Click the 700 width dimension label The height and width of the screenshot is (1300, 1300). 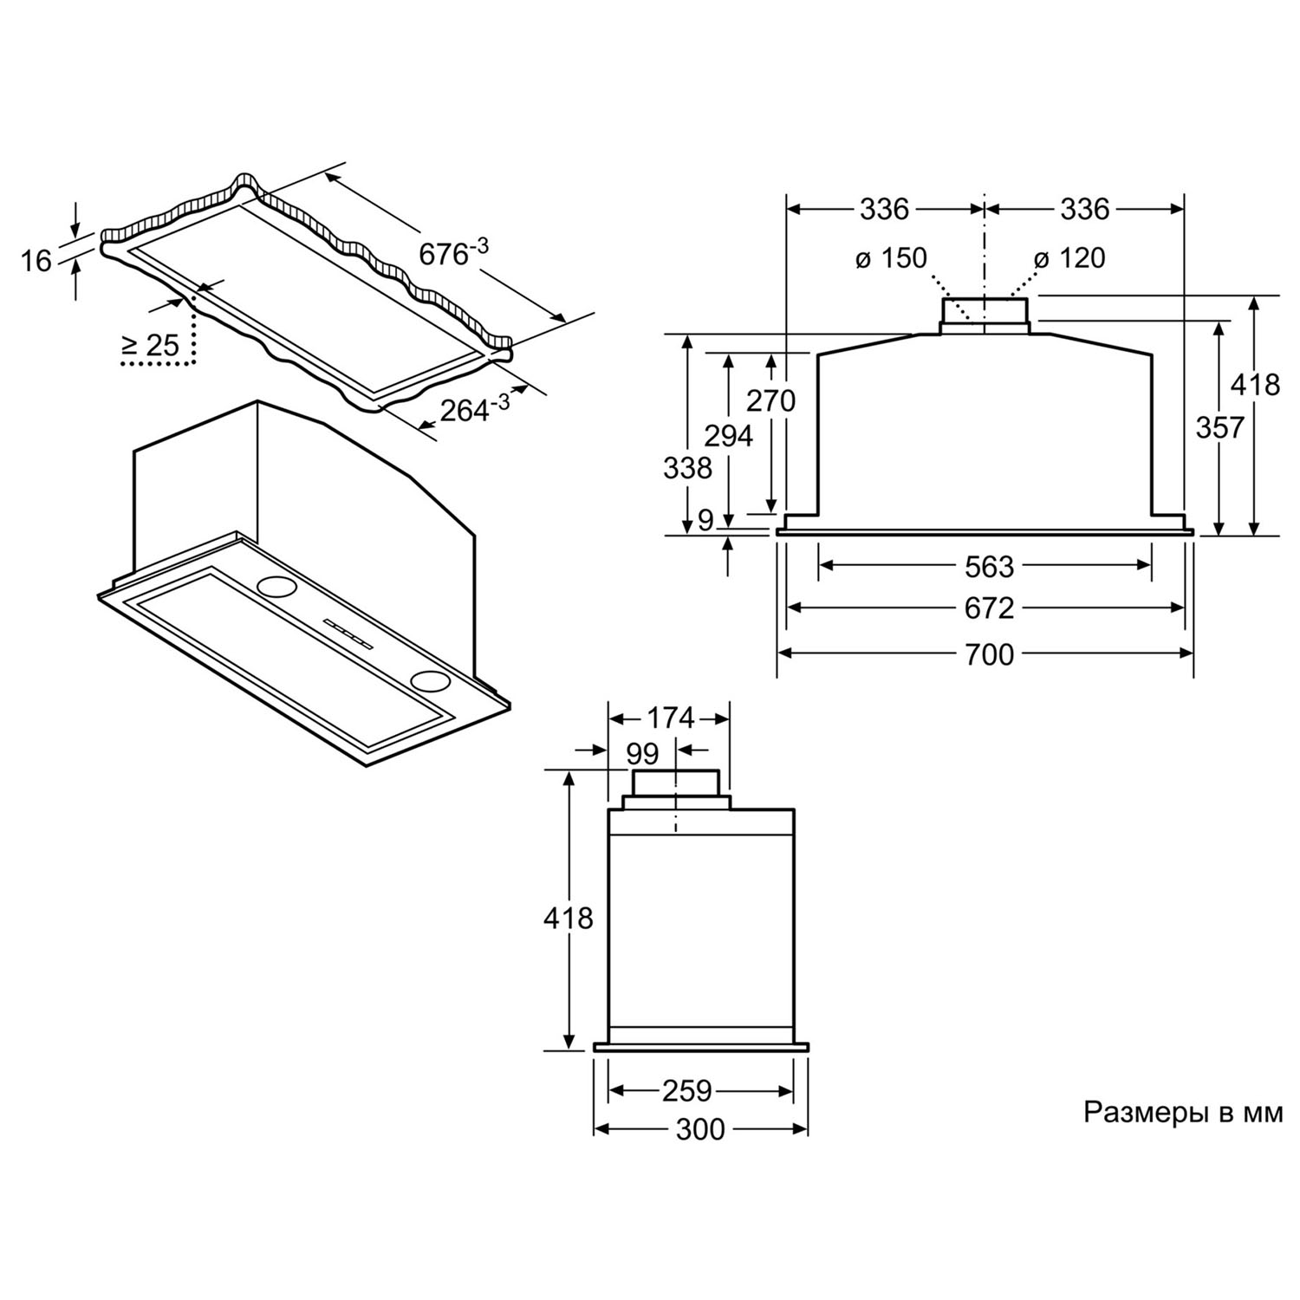tap(989, 654)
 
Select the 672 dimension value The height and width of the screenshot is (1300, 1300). tap(989, 608)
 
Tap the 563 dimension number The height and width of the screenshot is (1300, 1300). tap(989, 566)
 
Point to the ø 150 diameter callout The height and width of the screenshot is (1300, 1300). tap(890, 257)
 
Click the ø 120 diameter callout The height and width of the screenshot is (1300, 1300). tap(1069, 257)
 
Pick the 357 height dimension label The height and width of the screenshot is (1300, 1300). tap(1220, 427)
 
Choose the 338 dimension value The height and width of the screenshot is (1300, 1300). tap(687, 468)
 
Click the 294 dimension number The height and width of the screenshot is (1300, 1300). tap(728, 436)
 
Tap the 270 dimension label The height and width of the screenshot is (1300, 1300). tap(770, 400)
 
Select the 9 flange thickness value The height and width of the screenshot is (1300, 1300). tap(705, 520)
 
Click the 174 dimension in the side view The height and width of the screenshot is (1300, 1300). tap(671, 718)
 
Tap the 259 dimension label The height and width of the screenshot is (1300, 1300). tap(686, 1090)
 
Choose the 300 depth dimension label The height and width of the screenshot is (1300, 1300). tap(699, 1129)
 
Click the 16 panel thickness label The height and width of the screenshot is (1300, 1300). tap(36, 260)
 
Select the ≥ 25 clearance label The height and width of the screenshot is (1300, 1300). tap(150, 346)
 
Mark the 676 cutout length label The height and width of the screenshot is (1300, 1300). tap(453, 252)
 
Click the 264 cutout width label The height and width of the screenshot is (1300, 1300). tap(474, 407)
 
